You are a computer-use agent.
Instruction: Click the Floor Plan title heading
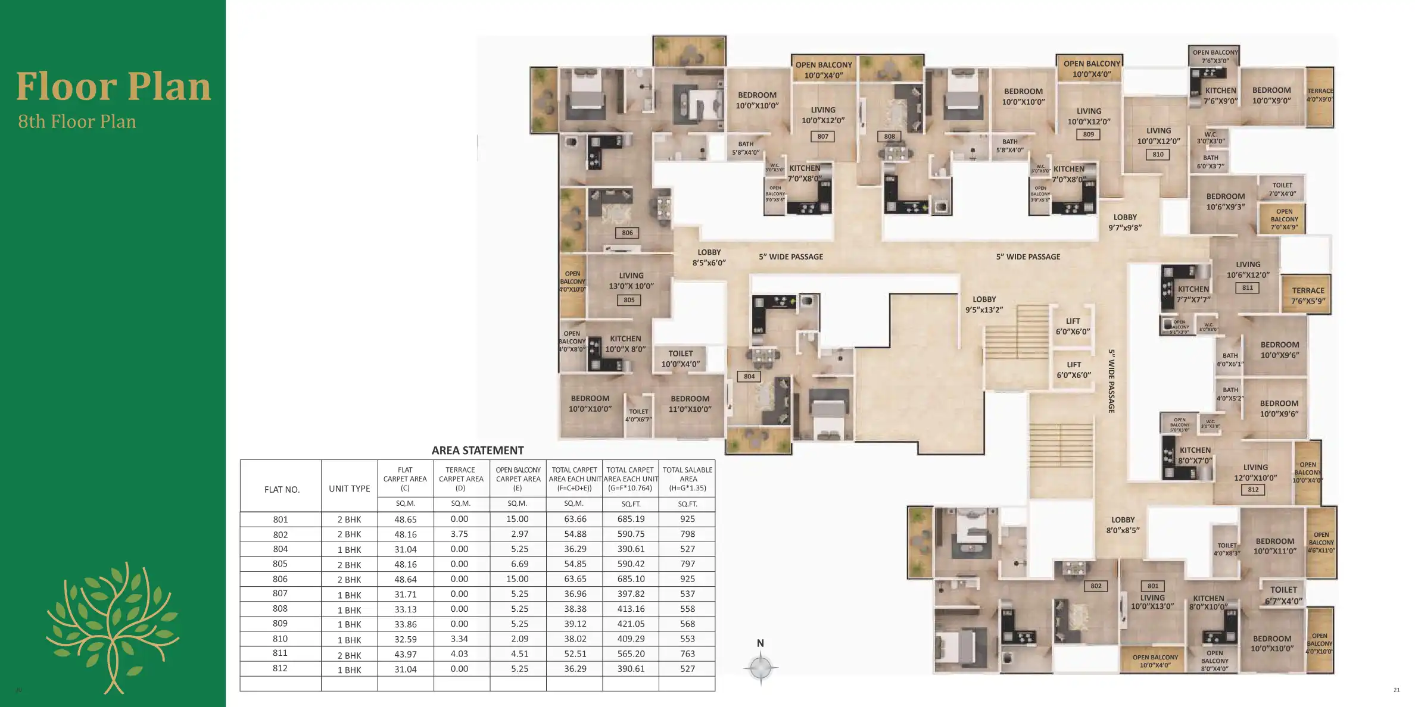(113, 87)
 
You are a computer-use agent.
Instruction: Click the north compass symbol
(761, 667)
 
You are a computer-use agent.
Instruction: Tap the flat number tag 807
(822, 136)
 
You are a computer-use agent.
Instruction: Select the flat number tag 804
(749, 376)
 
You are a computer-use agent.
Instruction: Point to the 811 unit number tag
(1247, 287)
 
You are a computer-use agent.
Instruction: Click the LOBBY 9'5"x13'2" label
(984, 304)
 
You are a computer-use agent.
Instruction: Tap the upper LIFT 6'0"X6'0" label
(1073, 326)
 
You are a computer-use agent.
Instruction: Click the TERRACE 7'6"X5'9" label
(1308, 296)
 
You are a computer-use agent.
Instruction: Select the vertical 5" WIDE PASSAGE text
(1111, 381)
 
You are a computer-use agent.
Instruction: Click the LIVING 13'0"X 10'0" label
(631, 280)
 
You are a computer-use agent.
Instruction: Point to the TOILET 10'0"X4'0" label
(680, 358)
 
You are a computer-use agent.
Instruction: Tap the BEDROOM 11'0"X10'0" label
(690, 403)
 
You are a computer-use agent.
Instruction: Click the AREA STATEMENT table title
(477, 451)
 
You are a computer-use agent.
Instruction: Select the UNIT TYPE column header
(349, 489)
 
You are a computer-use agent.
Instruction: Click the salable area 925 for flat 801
(687, 519)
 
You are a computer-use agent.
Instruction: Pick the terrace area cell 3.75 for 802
(459, 534)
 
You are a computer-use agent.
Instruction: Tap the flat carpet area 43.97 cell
(405, 654)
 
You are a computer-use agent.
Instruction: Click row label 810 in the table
(280, 639)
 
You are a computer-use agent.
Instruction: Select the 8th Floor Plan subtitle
(77, 121)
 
